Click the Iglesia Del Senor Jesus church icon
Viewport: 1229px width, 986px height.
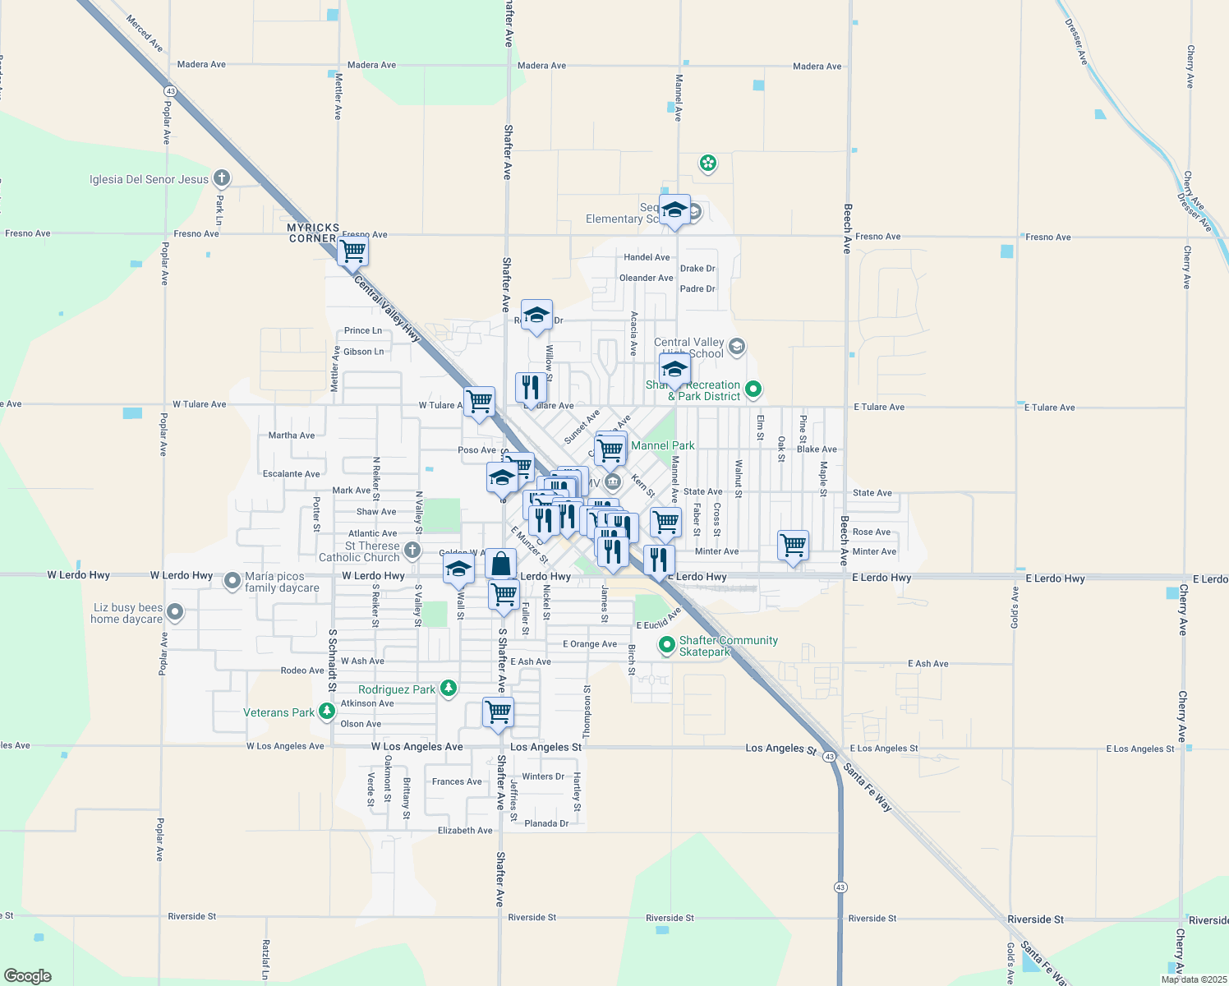click(x=221, y=178)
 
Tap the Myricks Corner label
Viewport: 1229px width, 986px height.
click(x=312, y=233)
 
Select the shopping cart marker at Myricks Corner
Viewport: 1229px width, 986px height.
click(x=352, y=251)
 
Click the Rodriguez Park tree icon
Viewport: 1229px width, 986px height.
click(x=448, y=689)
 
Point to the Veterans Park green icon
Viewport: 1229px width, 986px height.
click(x=327, y=712)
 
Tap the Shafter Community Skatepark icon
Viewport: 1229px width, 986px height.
click(x=667, y=645)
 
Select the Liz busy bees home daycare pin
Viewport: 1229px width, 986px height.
click(x=174, y=612)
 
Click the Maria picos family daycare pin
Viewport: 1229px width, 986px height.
click(x=232, y=581)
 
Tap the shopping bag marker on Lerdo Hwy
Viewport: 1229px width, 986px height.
click(x=500, y=564)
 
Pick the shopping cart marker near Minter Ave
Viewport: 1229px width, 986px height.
click(x=793, y=545)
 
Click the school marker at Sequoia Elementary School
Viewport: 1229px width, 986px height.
click(x=674, y=210)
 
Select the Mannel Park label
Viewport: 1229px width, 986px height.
click(x=663, y=445)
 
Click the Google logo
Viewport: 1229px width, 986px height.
click(x=28, y=976)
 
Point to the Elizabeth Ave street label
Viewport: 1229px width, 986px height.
click(x=465, y=831)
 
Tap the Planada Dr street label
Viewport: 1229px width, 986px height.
click(x=546, y=823)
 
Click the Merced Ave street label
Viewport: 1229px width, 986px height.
click(x=145, y=33)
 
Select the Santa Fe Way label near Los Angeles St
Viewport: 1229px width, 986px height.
click(x=868, y=787)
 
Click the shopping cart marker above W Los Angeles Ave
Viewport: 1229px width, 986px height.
click(x=498, y=712)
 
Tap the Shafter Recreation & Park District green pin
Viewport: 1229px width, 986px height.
click(x=753, y=389)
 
